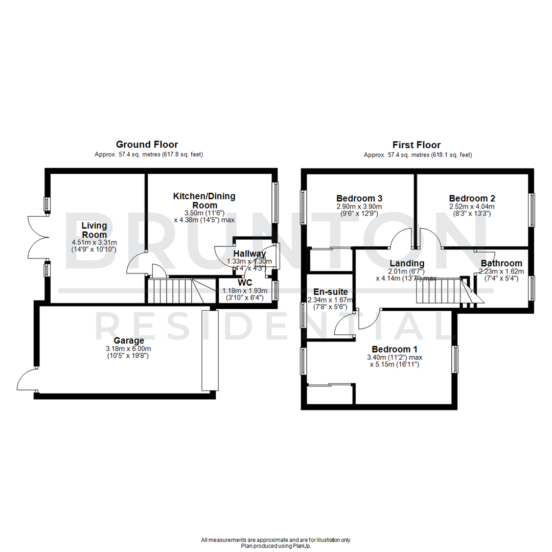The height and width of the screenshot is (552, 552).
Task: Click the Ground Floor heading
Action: click(147, 145)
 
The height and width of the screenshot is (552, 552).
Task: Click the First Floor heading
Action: click(417, 145)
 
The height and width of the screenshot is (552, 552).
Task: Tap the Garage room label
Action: click(129, 340)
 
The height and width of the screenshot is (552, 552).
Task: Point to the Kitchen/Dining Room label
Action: click(204, 200)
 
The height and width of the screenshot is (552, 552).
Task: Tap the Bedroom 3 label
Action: click(359, 198)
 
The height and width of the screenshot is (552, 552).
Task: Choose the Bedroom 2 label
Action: click(472, 198)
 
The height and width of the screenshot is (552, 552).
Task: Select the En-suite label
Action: click(327, 292)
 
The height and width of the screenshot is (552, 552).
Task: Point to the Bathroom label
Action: click(501, 263)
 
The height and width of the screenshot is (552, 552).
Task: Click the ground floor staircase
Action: click(179, 291)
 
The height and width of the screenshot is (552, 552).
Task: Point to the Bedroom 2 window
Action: click(532, 210)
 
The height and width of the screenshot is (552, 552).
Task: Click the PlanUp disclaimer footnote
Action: click(276, 543)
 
